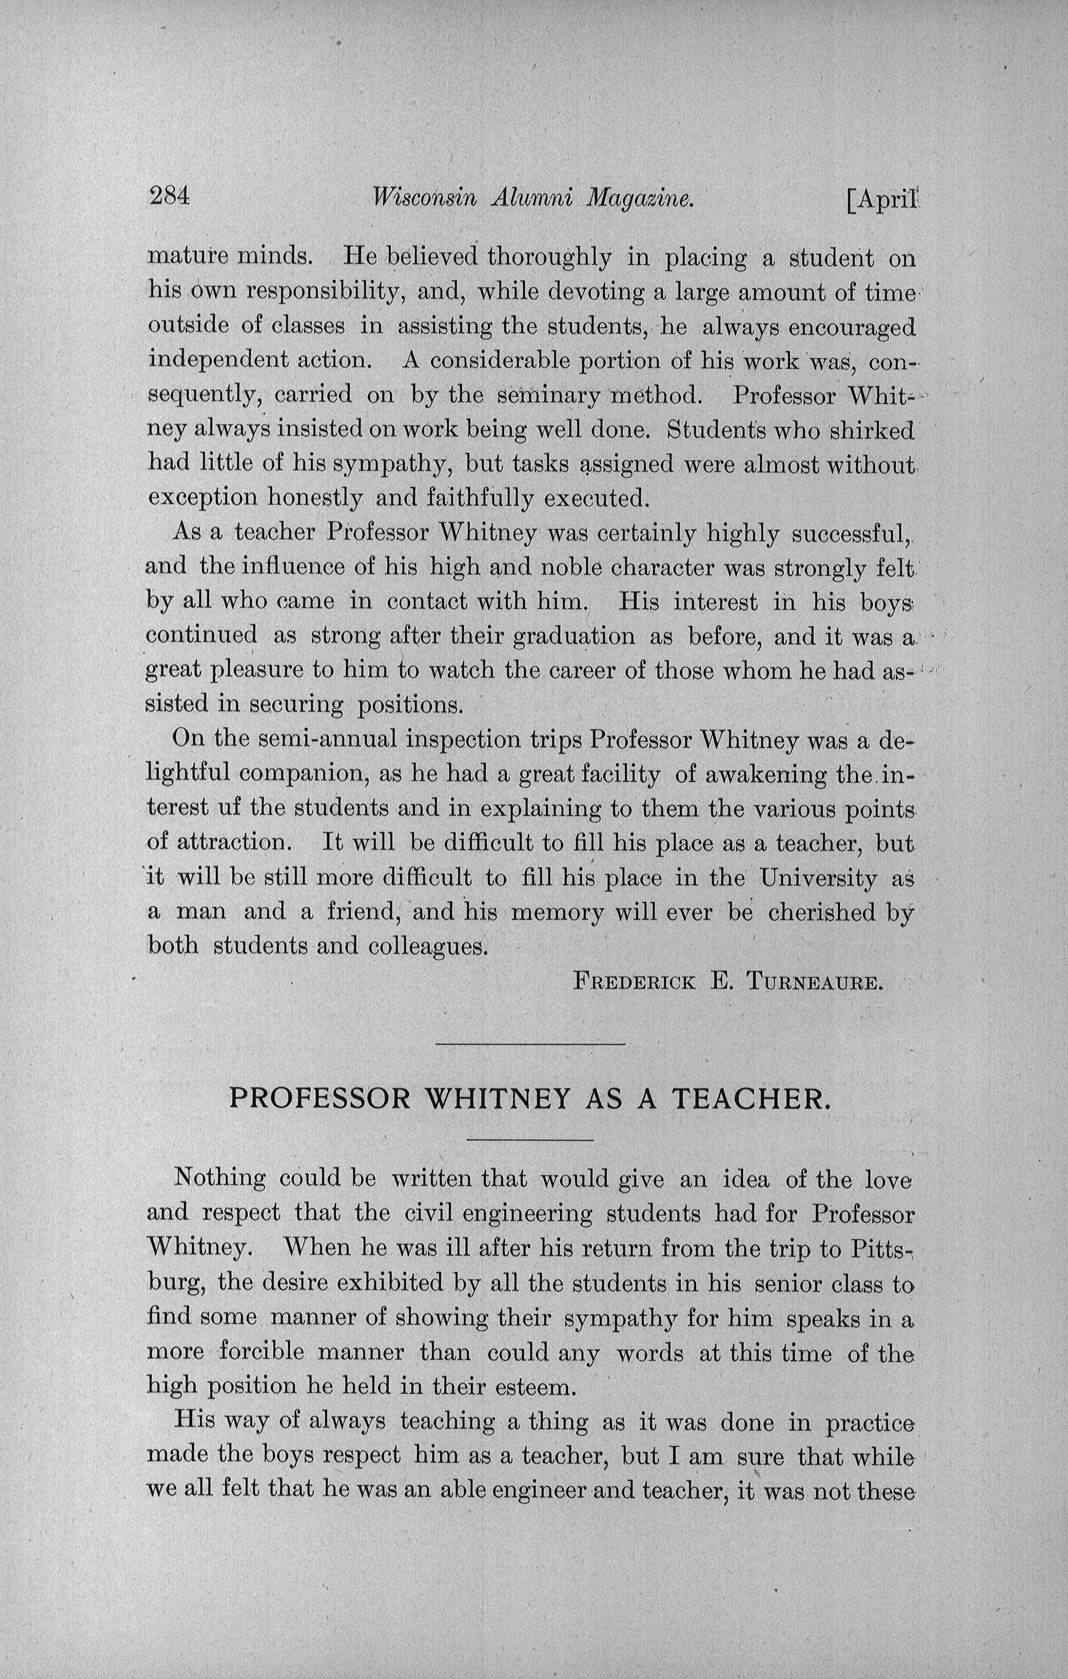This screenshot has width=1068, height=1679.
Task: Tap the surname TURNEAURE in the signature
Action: [x=815, y=983]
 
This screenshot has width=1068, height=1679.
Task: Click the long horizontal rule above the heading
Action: [x=530, y=1044]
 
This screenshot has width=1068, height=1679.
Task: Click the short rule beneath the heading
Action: [x=530, y=1140]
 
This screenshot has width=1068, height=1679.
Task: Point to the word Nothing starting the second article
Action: [x=220, y=1178]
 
